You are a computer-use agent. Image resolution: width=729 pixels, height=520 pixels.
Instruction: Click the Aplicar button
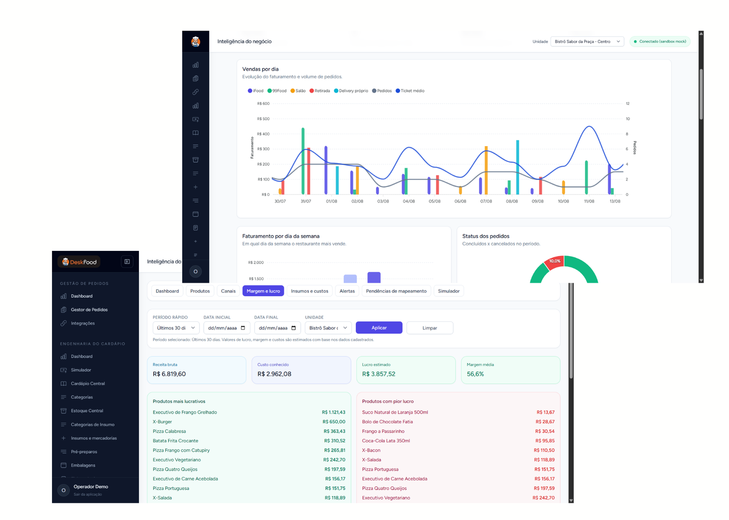pos(379,328)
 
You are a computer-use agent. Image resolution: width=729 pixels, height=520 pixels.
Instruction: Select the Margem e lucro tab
pos(263,291)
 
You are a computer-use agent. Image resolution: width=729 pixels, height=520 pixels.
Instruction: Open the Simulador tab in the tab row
pos(448,291)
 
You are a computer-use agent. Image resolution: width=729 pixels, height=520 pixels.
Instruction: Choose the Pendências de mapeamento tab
pos(396,291)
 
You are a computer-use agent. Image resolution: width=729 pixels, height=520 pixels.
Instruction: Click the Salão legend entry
pos(298,91)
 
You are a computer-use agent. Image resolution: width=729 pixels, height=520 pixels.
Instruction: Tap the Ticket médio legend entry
pos(410,91)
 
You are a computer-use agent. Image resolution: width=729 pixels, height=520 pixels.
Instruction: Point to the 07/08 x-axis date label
pos(486,201)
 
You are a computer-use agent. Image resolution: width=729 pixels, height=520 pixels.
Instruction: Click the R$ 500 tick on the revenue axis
pos(263,119)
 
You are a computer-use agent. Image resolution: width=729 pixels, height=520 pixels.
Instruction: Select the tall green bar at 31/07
pos(303,161)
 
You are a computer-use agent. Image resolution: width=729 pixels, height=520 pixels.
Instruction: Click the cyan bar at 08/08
pos(518,167)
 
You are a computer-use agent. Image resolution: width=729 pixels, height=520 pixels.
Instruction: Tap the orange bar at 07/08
pos(486,170)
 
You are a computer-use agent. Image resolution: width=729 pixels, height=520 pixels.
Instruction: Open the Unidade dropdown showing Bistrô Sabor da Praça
pos(587,41)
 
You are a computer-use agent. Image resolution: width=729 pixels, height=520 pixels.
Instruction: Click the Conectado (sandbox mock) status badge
pos(660,41)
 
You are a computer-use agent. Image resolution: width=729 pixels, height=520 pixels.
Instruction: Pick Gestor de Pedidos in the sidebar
pos(89,310)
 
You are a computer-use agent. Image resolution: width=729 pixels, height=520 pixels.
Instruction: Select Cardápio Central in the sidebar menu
pos(88,383)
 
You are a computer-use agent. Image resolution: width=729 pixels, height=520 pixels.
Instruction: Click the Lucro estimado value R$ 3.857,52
pos(379,374)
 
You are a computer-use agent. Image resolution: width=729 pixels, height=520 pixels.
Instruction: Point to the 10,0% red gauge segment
pos(554,262)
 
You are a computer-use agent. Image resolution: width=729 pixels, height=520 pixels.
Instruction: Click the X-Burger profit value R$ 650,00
pos(334,422)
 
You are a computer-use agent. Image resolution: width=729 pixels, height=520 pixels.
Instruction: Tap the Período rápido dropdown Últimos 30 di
pos(176,328)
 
